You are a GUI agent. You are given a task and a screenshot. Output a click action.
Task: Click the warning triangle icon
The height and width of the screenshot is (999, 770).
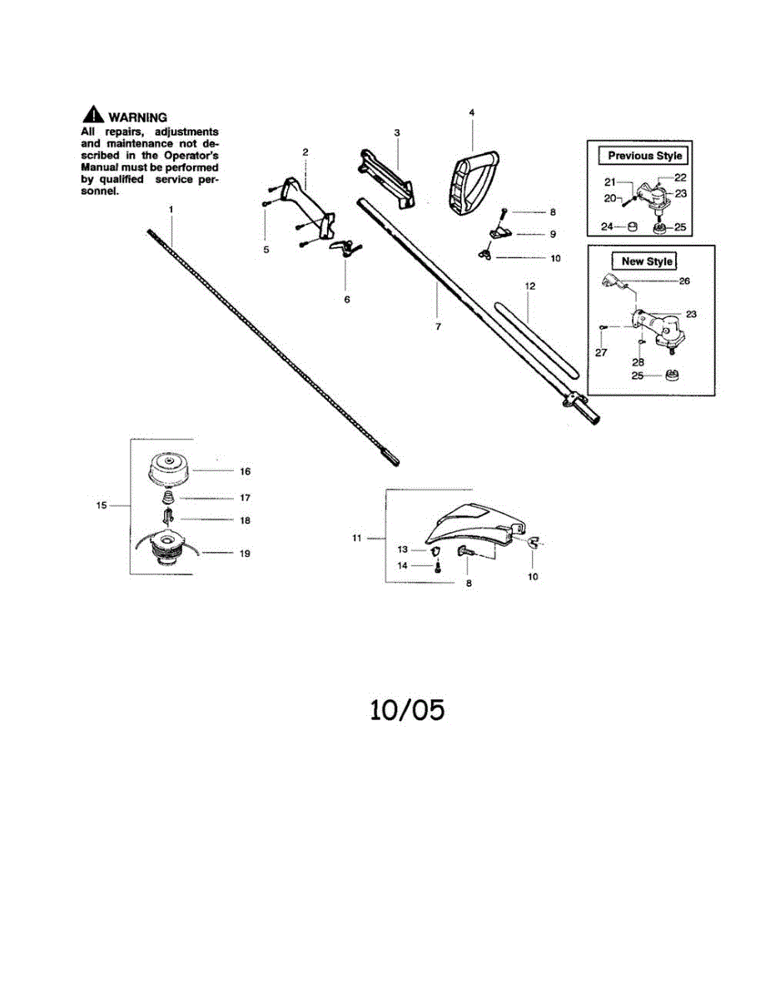tap(92, 117)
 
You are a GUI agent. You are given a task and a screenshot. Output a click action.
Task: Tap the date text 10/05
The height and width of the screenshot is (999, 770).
tap(407, 709)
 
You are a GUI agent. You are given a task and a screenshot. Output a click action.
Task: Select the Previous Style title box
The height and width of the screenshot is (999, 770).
tap(644, 156)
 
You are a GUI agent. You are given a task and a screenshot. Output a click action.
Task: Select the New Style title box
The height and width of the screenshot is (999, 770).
tap(647, 261)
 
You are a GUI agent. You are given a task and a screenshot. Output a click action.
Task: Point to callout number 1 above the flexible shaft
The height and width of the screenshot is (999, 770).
tap(171, 210)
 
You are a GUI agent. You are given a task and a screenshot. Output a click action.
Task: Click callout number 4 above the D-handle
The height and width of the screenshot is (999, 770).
tap(471, 112)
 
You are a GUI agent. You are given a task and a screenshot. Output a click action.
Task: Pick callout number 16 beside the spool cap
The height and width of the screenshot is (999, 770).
tap(245, 471)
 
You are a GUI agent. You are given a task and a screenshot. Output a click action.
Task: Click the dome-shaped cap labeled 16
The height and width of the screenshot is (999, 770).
tap(171, 470)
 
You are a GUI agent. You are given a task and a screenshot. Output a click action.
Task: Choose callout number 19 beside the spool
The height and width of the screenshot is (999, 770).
tap(245, 553)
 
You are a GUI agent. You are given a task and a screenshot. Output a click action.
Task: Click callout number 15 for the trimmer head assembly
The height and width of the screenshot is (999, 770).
tap(102, 505)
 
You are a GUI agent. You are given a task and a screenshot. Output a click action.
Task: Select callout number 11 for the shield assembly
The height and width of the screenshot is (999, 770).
tap(356, 539)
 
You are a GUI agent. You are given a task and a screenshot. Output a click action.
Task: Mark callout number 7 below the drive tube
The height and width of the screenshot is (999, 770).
tap(438, 327)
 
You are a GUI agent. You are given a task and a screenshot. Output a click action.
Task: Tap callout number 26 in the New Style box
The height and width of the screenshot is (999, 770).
tap(684, 281)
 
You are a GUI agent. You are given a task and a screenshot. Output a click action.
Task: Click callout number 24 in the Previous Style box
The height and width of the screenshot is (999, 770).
tap(607, 226)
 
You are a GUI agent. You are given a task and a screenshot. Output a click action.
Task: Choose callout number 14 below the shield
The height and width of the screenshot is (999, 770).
tap(402, 565)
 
